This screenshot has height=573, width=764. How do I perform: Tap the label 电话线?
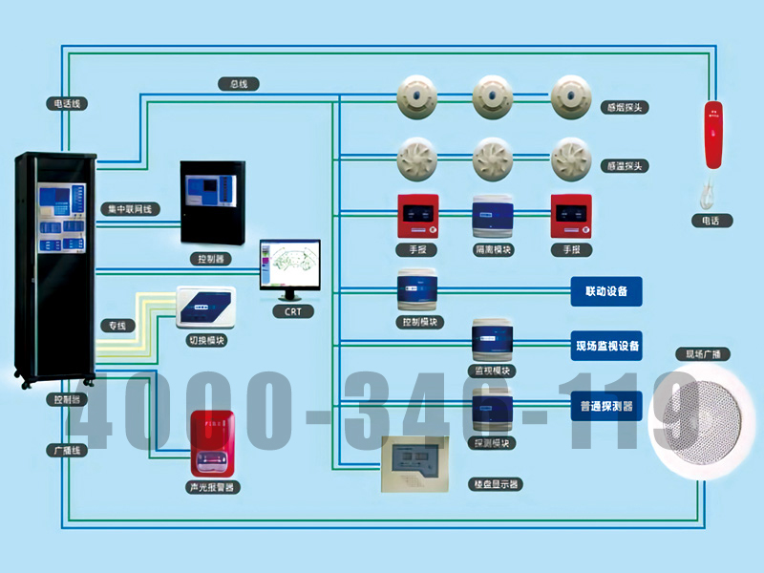pyautogui.click(x=67, y=101)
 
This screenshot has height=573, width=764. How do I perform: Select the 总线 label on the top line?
pyautogui.click(x=239, y=84)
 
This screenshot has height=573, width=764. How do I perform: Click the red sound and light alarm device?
pyautogui.click(x=211, y=444)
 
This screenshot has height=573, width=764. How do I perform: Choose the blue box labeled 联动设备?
pyautogui.click(x=606, y=291)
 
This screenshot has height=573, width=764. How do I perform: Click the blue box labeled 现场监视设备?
pyautogui.click(x=606, y=345)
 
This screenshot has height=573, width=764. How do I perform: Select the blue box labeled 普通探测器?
pyautogui.click(x=606, y=405)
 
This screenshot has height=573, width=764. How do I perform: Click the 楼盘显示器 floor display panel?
pyautogui.click(x=414, y=464)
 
